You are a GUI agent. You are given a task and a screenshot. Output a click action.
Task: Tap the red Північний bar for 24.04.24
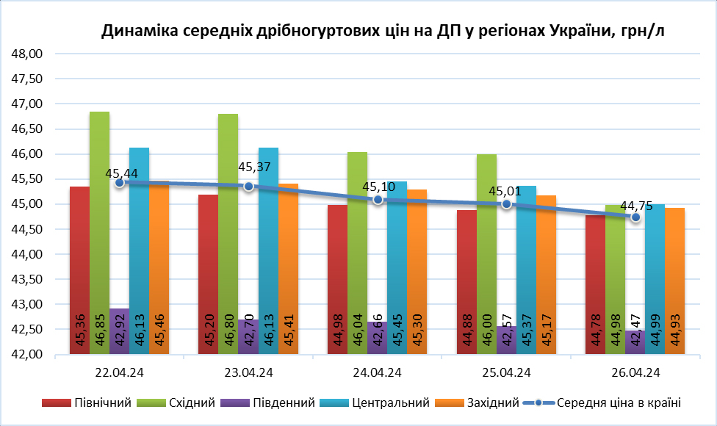point(337,279)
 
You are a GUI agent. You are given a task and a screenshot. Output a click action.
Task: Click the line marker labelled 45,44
point(120,182)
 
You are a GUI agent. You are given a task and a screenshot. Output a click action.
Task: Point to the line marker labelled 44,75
point(636,217)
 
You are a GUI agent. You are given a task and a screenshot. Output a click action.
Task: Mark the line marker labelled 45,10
point(378,200)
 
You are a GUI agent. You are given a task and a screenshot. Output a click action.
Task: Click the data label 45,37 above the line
point(255,167)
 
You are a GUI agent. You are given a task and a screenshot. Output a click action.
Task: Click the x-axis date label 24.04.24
point(378,373)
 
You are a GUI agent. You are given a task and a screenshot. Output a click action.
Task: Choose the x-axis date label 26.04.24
point(636,373)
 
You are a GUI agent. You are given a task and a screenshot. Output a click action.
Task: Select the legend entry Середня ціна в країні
point(619,402)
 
